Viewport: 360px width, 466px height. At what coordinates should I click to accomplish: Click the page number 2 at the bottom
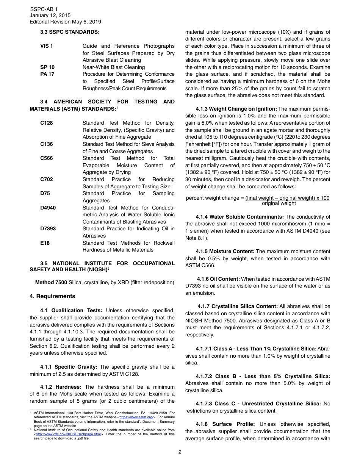(180, 452)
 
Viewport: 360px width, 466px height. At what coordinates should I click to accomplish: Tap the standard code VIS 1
(47, 46)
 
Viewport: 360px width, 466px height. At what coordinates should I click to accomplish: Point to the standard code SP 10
(47, 67)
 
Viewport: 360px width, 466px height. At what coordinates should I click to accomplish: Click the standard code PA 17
(47, 74)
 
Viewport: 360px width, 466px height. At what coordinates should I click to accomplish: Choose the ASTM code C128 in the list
(47, 123)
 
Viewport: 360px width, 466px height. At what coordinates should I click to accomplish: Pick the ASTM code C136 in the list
(47, 144)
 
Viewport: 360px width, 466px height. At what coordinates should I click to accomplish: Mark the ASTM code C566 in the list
(47, 158)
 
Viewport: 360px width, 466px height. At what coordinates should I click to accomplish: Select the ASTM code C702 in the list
(47, 180)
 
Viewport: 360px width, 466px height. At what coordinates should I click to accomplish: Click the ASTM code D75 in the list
(45, 194)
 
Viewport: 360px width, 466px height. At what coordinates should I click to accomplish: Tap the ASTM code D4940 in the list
(48, 208)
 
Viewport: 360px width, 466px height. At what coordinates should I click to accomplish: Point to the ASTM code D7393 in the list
(48, 229)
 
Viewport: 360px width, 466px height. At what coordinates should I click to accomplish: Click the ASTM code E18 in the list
(45, 243)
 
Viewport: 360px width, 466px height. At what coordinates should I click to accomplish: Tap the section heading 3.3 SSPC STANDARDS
(70, 32)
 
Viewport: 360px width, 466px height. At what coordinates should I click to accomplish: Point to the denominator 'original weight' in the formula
(279, 203)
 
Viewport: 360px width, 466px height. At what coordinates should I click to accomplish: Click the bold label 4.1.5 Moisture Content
(225, 252)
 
